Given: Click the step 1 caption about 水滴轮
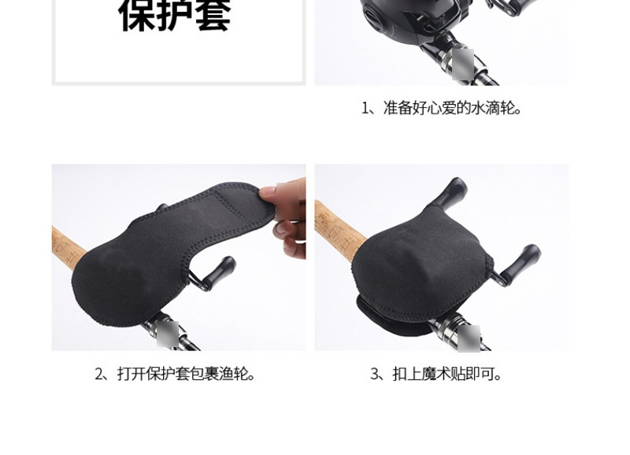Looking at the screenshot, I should [x=443, y=108].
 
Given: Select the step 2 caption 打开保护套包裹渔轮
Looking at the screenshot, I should [x=177, y=374].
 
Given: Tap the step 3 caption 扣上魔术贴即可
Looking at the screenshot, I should [x=437, y=374].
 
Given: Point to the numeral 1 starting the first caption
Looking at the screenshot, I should [x=365, y=108].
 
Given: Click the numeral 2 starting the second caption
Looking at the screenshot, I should [x=99, y=374].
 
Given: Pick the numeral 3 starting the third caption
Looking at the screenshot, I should [x=375, y=374].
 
